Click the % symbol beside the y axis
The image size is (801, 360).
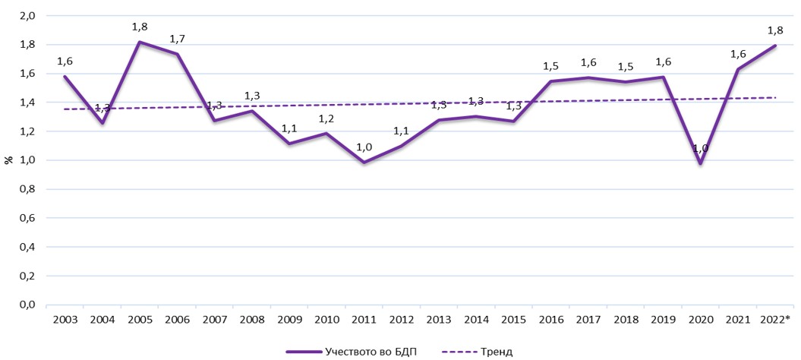[8, 160]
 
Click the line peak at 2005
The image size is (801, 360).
[139, 42]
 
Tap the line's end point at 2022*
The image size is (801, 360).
[775, 46]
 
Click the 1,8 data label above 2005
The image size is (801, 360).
[140, 27]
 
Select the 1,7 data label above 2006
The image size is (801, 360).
[178, 38]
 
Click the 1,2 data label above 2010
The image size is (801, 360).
[326, 119]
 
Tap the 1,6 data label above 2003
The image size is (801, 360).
[66, 61]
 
